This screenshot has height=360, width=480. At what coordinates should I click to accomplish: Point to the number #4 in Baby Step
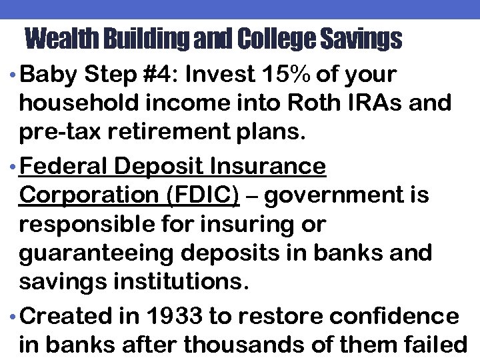[159, 75]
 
